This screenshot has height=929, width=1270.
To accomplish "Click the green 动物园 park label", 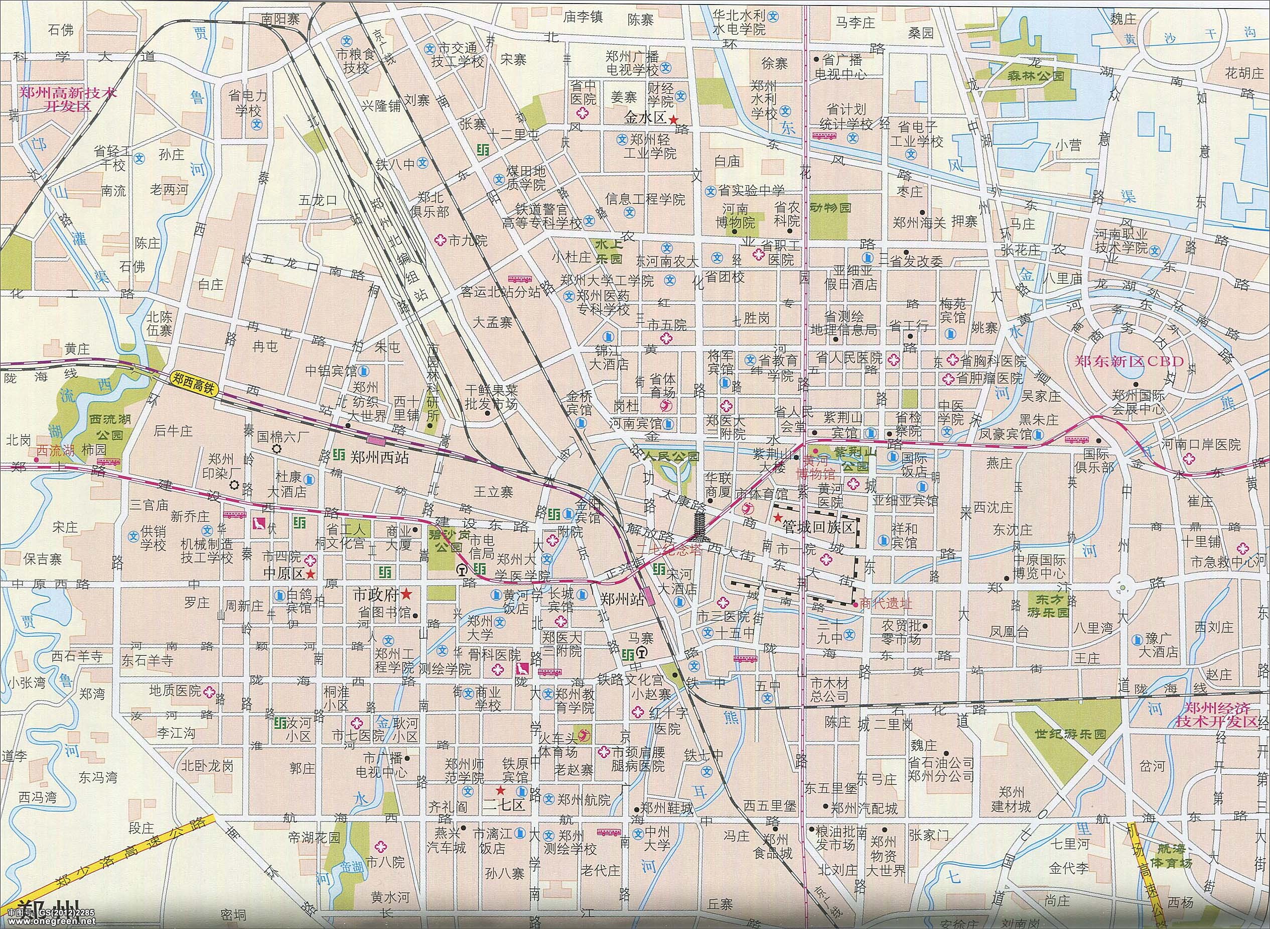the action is (830, 208).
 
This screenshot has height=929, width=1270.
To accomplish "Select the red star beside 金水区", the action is (673, 119).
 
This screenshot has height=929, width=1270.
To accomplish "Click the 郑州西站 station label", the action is (379, 457).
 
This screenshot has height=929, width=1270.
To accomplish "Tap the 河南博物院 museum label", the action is (739, 216).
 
